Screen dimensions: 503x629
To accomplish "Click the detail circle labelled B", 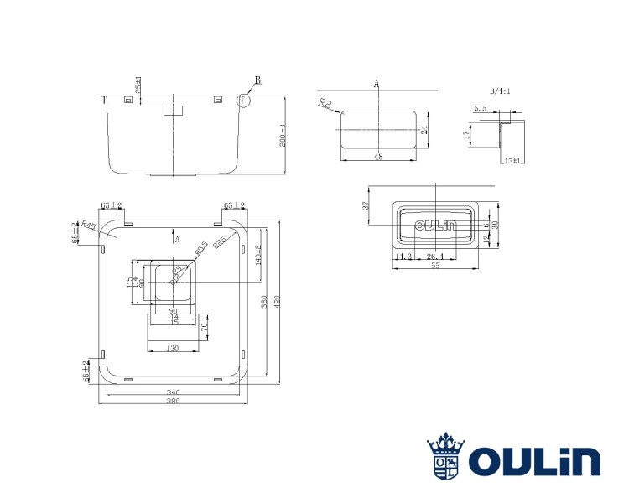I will pos(243,100).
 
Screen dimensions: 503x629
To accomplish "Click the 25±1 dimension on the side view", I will pos(138,86).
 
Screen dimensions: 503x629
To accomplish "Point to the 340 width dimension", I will pos(174,392).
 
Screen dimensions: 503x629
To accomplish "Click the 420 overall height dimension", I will pos(277,306).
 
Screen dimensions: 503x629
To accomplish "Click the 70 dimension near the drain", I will pos(203,328).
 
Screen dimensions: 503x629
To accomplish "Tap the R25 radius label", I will pos(219,242).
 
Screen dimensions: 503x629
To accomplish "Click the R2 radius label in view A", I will pos(325,103).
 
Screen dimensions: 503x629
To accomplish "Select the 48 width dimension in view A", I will pos(378,155).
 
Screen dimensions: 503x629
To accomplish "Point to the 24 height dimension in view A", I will pos(425,130).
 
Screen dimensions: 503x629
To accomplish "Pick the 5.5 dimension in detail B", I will pos(480,109).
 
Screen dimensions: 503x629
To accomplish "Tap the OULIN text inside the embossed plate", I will pos(434,225).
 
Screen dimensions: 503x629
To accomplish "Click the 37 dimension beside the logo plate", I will pos(366,206).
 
